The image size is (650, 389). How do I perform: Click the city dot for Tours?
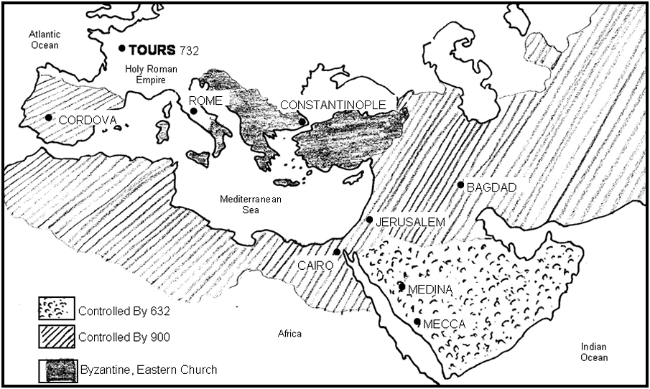(x=122, y=49)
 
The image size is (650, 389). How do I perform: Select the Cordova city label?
(x=87, y=120)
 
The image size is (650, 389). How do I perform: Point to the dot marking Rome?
(x=192, y=111)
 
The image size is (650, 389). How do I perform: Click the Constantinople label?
(x=333, y=105)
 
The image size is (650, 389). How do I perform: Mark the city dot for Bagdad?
(x=461, y=185)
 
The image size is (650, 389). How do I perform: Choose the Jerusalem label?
(x=410, y=222)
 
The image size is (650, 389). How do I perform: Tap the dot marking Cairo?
(x=337, y=252)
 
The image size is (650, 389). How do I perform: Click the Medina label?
(x=430, y=289)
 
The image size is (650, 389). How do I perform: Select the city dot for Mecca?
(x=417, y=322)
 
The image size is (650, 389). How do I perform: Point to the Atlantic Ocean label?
(x=45, y=39)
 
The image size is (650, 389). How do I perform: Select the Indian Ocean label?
(x=595, y=352)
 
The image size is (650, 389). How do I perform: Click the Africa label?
(x=290, y=334)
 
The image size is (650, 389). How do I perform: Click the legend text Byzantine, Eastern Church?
(x=147, y=370)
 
